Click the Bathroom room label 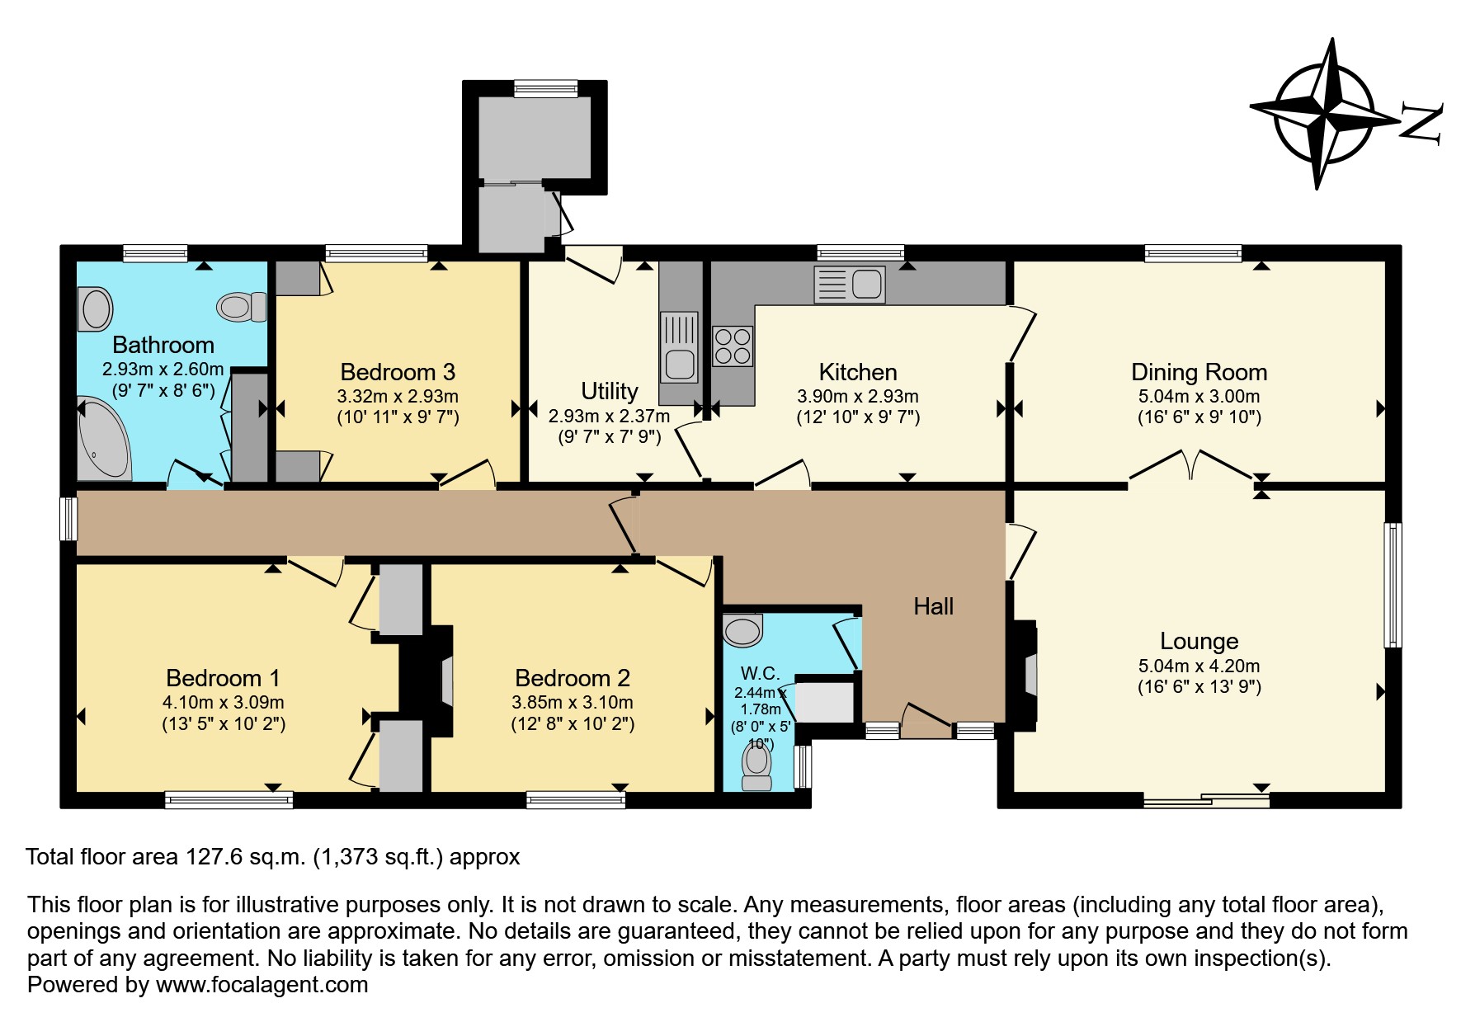tap(163, 345)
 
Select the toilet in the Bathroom tap(242, 307)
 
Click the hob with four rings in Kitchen tap(732, 346)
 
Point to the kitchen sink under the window tap(849, 285)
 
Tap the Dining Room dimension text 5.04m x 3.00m tap(1199, 396)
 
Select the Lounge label tap(1199, 641)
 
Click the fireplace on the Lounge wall tap(1028, 675)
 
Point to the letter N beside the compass tap(1422, 125)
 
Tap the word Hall tap(933, 607)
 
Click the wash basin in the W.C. tap(742, 630)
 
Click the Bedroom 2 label tap(572, 678)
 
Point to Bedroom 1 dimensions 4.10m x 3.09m tap(223, 703)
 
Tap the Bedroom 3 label tap(398, 372)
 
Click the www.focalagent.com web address tap(262, 985)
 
